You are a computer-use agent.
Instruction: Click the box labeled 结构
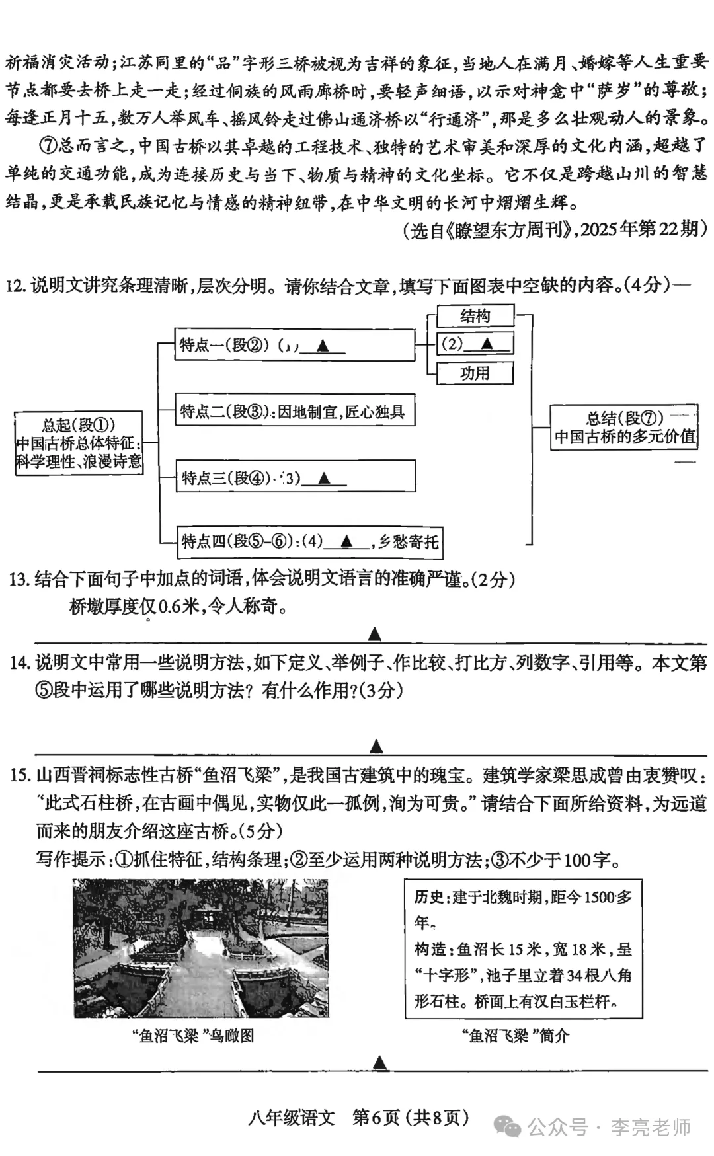pos(475,316)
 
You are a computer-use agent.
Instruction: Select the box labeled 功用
pos(475,373)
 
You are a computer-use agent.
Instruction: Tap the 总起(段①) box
pos(79,443)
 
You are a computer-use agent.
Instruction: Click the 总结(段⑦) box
pos(624,428)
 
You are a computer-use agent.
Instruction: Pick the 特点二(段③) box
pos(294,412)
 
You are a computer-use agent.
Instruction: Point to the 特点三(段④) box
pos(294,477)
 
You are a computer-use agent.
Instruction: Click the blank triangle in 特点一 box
pos(323,345)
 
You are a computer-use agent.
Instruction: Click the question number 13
pos(19,579)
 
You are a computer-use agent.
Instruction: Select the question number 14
pos(19,663)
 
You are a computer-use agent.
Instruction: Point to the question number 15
pos(20,775)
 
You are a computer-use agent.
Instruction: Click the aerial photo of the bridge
pos(201,948)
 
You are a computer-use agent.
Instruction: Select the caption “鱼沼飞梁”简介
pos(515,1036)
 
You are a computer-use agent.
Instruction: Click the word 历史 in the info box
pos(429,897)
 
